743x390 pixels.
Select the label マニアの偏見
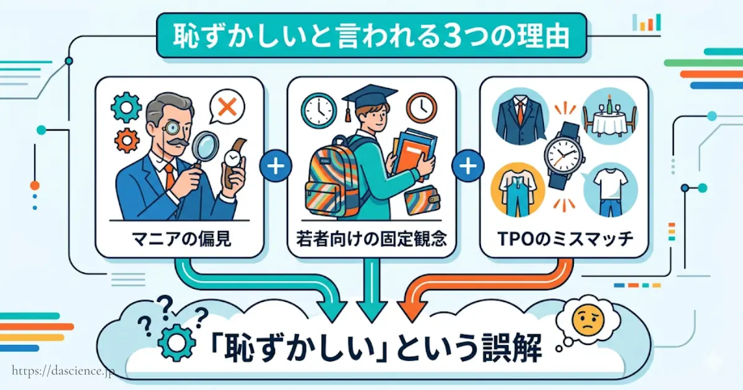(180, 239)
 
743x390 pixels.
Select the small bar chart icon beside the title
(646, 23)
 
